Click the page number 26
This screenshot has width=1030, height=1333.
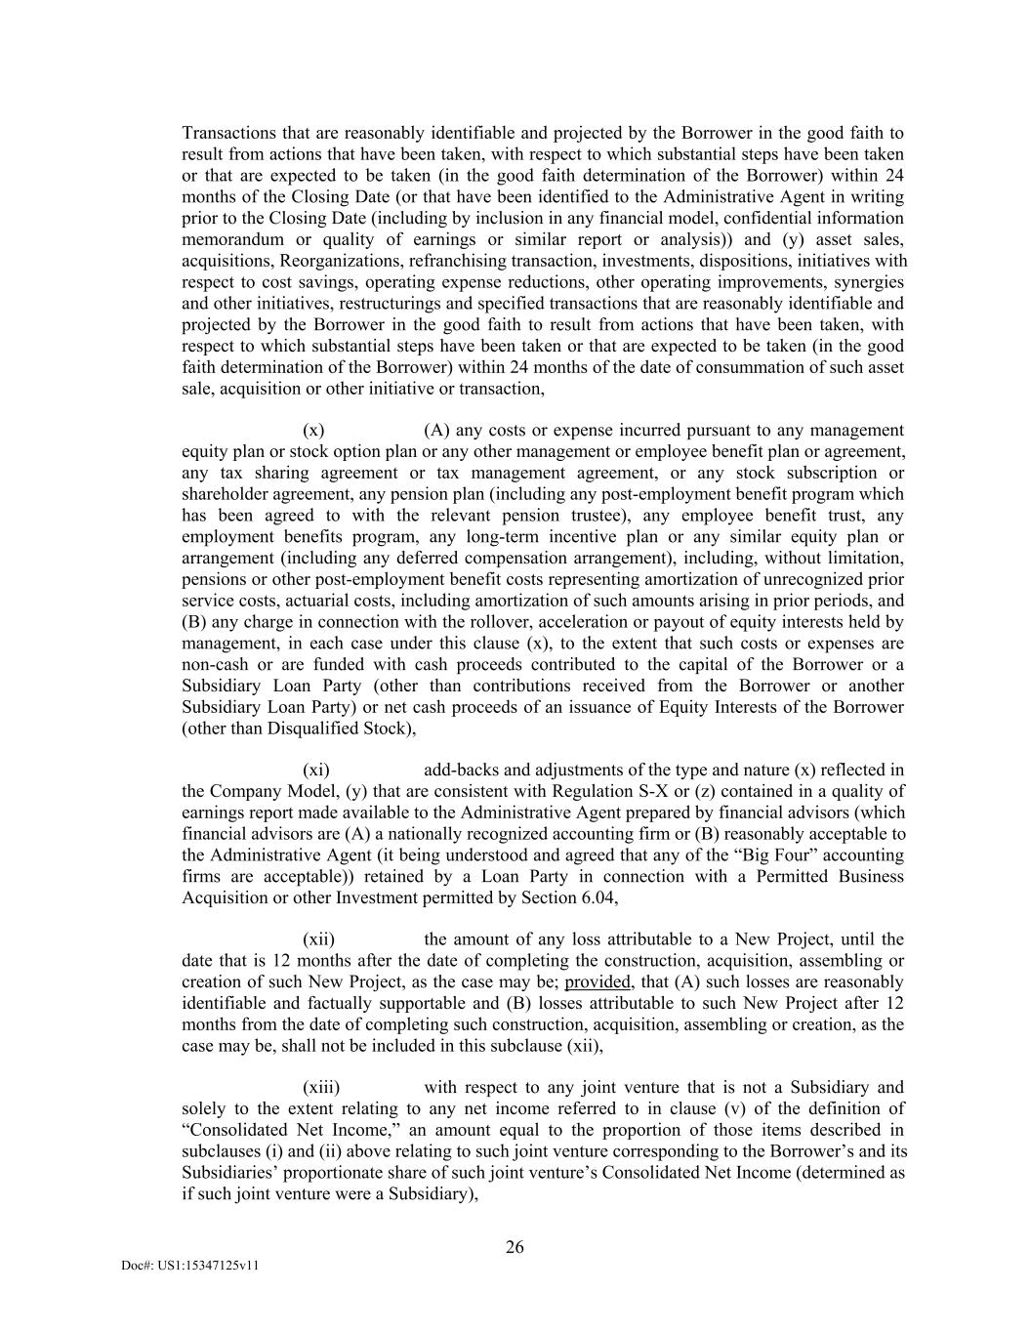point(515,1247)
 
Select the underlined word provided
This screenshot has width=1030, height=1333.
point(597,982)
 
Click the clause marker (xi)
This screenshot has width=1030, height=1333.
point(316,771)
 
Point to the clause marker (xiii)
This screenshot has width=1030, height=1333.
point(321,1088)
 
